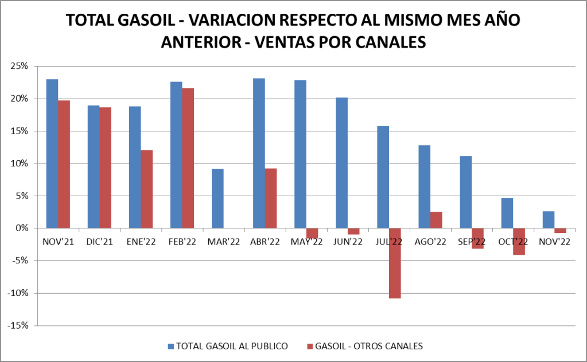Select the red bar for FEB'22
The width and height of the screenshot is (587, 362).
[x=188, y=158]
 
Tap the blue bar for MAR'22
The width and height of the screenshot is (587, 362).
[x=217, y=198]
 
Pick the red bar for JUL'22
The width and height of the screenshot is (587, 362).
[x=395, y=263]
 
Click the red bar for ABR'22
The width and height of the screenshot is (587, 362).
[x=271, y=198]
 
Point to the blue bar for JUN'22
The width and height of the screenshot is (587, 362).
[x=341, y=163]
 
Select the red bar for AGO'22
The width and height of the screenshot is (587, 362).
[x=436, y=220]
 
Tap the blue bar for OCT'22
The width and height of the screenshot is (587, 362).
[x=507, y=213]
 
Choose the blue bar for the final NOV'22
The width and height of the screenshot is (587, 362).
[x=548, y=220]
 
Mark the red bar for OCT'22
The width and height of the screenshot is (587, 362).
[x=519, y=242]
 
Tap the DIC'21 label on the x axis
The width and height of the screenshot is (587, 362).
[x=99, y=242]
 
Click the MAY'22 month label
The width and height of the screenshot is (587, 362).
[x=306, y=242]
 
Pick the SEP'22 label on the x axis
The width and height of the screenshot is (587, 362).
[x=472, y=242]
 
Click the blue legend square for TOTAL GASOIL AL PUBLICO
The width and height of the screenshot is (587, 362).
[x=170, y=346]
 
